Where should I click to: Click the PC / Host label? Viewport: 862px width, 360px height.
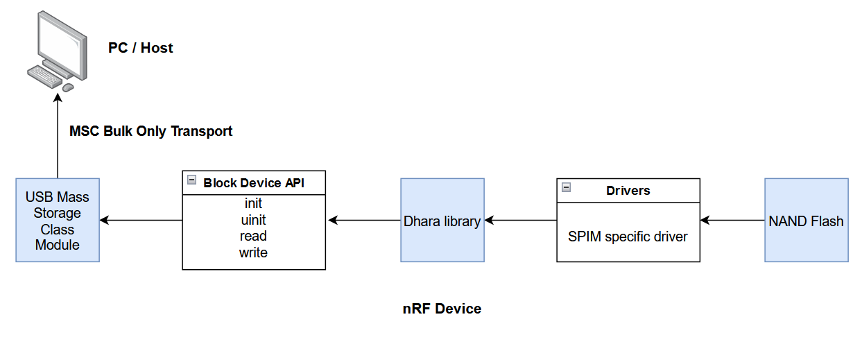pyautogui.click(x=141, y=48)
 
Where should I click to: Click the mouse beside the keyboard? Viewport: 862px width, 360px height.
pyautogui.click(x=68, y=87)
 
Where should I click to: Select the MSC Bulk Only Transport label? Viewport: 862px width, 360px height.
pyautogui.click(x=151, y=131)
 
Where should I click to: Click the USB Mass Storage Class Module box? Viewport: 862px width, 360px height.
pyautogui.click(x=58, y=221)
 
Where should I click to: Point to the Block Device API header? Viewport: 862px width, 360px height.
pyautogui.click(x=254, y=183)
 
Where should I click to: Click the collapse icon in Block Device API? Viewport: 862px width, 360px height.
pyautogui.click(x=191, y=180)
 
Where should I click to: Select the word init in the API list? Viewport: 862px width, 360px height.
pyautogui.click(x=253, y=204)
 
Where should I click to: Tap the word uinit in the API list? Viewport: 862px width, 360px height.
pyautogui.click(x=253, y=220)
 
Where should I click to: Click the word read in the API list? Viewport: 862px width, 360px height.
pyautogui.click(x=253, y=237)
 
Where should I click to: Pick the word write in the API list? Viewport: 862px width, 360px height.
pyautogui.click(x=253, y=252)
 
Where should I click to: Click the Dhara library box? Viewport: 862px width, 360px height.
pyautogui.click(x=442, y=221)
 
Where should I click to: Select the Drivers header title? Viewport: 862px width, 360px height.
pyautogui.click(x=628, y=190)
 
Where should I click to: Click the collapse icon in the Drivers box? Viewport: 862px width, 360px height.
pyautogui.click(x=566, y=187)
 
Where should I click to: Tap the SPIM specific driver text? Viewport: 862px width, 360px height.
pyautogui.click(x=628, y=237)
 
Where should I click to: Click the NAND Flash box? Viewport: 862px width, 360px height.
pyautogui.click(x=807, y=221)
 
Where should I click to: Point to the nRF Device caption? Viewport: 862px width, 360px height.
pyautogui.click(x=442, y=309)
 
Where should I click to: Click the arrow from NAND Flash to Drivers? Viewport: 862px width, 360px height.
pyautogui.click(x=732, y=221)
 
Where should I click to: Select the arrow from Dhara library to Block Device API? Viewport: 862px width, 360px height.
pyautogui.click(x=363, y=221)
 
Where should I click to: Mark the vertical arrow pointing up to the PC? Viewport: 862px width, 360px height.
pyautogui.click(x=58, y=136)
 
